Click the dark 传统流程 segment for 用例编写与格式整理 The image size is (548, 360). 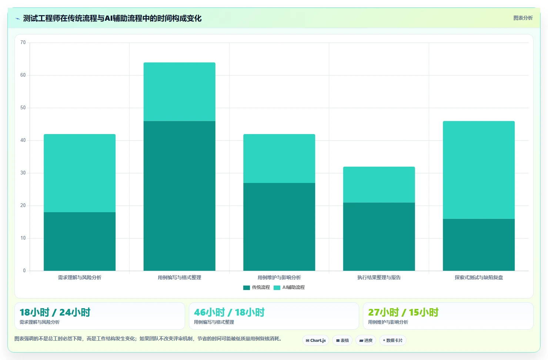point(179,196)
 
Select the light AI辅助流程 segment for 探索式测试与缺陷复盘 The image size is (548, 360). point(478,170)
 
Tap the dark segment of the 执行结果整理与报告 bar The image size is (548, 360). point(379,237)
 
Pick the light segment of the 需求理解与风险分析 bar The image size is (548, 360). point(80,173)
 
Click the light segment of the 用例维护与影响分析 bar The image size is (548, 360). point(279,159)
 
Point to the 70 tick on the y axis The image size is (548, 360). point(23,43)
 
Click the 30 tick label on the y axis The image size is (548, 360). point(23,173)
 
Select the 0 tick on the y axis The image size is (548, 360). point(24,270)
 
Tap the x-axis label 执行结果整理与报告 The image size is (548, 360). point(379,277)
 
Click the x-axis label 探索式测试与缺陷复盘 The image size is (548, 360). point(479,277)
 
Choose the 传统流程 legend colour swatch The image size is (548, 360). point(247,287)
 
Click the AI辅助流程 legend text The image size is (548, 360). point(293,287)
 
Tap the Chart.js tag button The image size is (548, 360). point(315,340)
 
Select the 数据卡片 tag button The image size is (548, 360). point(392,340)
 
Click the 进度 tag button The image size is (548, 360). point(366,340)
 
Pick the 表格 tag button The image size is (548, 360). point(342,340)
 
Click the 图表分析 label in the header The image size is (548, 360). point(523,18)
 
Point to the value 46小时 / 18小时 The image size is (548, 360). point(229,312)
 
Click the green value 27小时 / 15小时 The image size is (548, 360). point(403,312)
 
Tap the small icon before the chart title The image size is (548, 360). point(18,19)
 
